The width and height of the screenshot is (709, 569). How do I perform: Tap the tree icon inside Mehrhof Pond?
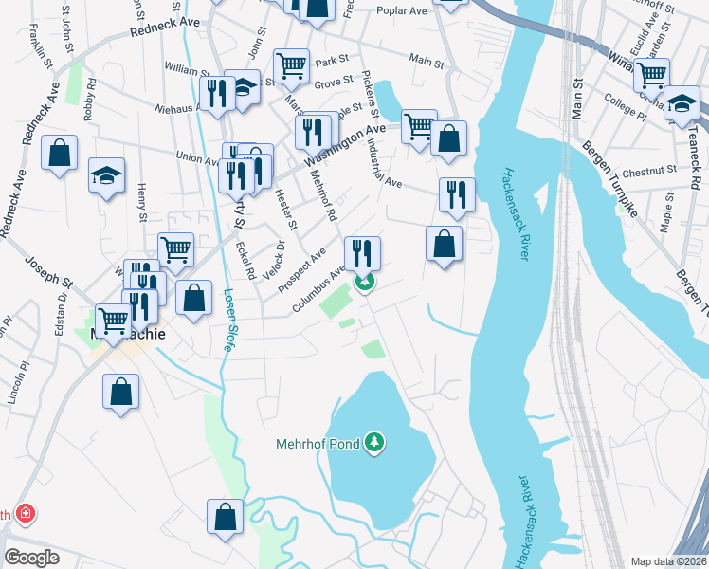376,443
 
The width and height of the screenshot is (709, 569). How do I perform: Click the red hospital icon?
26,515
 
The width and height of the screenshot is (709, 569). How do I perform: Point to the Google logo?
31,558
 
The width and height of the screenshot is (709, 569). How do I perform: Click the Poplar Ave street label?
402,10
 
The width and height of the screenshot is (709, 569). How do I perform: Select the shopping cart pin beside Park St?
291,65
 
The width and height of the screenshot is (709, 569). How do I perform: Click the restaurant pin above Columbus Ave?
362,252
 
